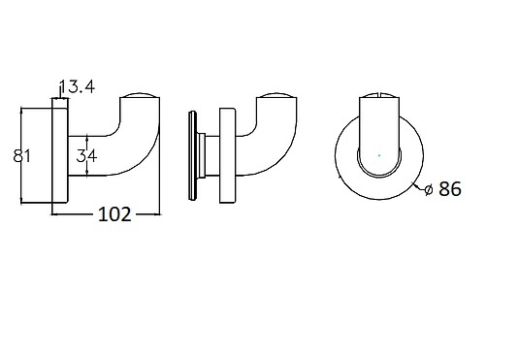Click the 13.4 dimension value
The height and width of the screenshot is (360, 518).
coord(78,86)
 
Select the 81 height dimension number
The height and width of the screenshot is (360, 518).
coord(21,155)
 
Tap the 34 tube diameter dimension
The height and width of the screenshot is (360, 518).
coord(86,155)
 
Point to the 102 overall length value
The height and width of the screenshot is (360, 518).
coord(115,214)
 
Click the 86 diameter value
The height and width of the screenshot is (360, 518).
coord(450,189)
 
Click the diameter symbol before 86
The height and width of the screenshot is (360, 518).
coord(429,189)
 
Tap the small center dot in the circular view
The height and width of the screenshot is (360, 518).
coord(379,155)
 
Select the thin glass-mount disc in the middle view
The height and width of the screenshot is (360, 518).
coord(192,155)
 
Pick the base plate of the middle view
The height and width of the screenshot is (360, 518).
coord(228,155)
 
